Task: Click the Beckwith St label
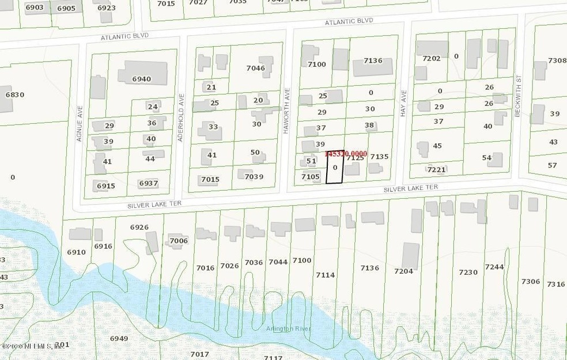tap(518, 104)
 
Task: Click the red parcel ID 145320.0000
tap(346, 154)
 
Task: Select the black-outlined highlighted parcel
tap(335, 169)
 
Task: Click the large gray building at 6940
tap(141, 76)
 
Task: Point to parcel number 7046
tap(255, 68)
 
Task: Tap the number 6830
tap(14, 94)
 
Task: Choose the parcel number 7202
tap(431, 58)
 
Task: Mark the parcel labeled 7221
tap(437, 169)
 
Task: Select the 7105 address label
tap(310, 176)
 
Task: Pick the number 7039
tap(254, 176)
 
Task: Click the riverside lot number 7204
tap(403, 270)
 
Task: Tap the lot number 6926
tap(139, 227)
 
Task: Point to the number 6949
tap(119, 338)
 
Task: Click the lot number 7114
tap(325, 275)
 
